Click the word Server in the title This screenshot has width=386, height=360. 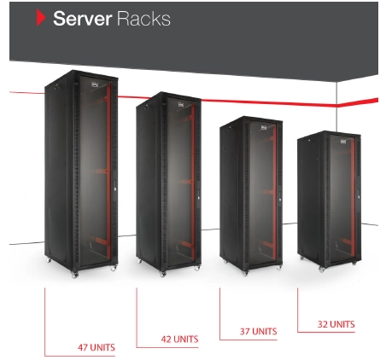82,19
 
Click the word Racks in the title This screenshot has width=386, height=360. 143,19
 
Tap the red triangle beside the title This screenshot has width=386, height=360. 41,17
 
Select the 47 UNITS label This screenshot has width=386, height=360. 96,347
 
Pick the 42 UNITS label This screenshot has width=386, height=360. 179,339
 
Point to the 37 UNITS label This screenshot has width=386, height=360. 258,331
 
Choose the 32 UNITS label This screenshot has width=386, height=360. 336,324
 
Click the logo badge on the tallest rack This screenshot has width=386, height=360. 95,84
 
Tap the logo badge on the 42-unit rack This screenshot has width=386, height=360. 181,105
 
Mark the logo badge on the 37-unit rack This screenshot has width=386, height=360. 264,128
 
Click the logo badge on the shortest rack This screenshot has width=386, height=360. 343,141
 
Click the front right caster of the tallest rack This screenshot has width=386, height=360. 114,267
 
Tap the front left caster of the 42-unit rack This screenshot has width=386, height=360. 162,274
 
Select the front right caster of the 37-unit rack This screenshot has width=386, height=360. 279,267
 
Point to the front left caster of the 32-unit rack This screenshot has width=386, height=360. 321,269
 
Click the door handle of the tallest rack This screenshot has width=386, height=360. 115,185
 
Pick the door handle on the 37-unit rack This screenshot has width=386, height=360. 280,196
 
